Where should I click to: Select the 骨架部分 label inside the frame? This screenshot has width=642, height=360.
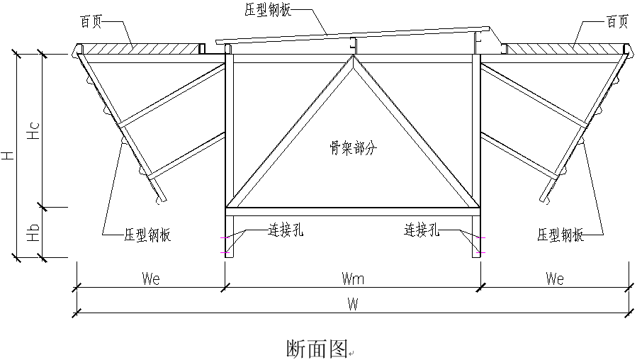pos(352,148)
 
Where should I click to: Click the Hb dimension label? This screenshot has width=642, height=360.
pos(33,234)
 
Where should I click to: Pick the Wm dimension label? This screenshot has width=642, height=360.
pos(352,279)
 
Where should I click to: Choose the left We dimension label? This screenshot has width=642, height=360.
pos(151,279)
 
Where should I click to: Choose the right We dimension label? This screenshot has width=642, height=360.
pos(554,279)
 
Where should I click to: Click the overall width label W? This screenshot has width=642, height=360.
pos(352,305)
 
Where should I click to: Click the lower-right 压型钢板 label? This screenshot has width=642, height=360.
pos(561,235)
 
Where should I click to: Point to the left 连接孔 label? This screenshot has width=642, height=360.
pos(286,230)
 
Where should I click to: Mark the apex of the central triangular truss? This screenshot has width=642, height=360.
pos(353,57)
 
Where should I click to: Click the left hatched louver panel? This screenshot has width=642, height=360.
pos(138,47)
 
